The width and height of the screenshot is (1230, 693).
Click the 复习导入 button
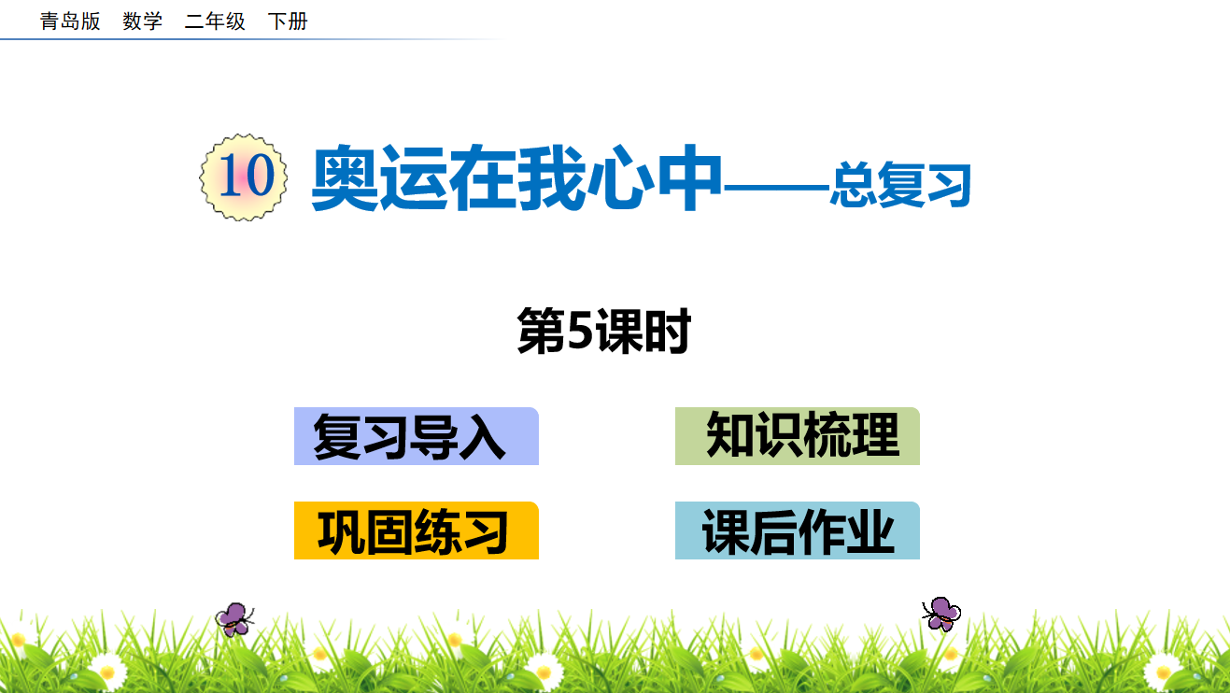(417, 436)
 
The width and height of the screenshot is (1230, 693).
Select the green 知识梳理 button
(798, 436)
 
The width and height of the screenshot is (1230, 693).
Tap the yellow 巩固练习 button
(417, 530)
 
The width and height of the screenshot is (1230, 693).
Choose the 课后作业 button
(798, 530)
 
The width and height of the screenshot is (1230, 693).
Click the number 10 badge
(243, 177)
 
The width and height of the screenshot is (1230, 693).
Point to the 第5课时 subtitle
(603, 332)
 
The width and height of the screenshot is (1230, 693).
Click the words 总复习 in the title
(900, 186)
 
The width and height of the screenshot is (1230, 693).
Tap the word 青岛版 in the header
(70, 21)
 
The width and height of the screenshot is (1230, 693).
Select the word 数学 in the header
(142, 21)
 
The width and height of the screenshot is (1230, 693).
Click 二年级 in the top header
(215, 21)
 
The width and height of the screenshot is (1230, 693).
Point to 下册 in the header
(288, 21)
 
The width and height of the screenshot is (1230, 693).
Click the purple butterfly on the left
(234, 619)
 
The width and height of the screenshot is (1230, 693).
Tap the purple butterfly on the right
(941, 614)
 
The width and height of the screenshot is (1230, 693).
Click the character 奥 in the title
(346, 177)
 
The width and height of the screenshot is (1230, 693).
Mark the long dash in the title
(776, 187)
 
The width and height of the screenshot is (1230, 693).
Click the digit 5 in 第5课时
(580, 330)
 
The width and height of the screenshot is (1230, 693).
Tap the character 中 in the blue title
(689, 177)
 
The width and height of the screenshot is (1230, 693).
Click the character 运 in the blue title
(414, 177)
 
